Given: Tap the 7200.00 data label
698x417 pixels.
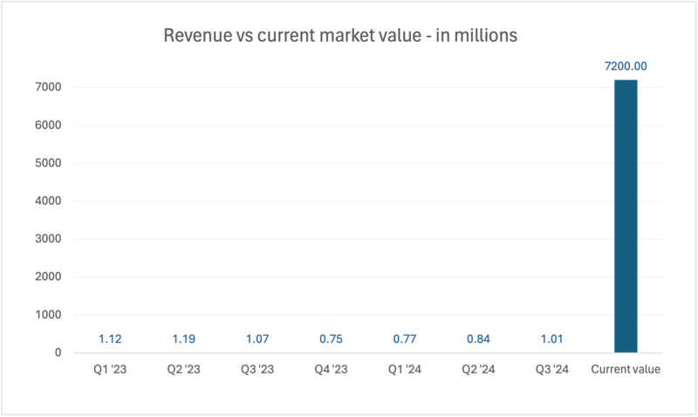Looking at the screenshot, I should pyautogui.click(x=626, y=66).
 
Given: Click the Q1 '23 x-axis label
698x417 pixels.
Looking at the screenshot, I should pyautogui.click(x=109, y=370).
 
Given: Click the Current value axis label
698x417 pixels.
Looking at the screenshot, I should pyautogui.click(x=626, y=370).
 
